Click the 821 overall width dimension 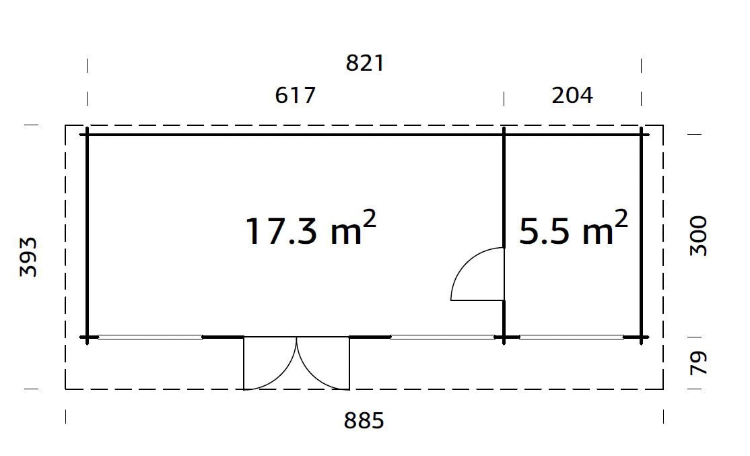(x=364, y=63)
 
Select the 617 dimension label (x=295, y=96)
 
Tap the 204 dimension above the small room (x=572, y=96)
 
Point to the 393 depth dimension (x=28, y=257)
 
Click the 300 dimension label (x=699, y=236)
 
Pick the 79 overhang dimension (x=699, y=363)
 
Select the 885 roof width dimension (x=364, y=421)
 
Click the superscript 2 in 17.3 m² (x=369, y=219)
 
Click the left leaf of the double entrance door (x=269, y=364)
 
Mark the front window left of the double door (x=150, y=337)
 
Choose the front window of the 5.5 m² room (x=571, y=337)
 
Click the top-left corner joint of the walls (x=87, y=134)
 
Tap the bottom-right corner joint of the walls (x=641, y=337)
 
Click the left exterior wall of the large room (x=87, y=236)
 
